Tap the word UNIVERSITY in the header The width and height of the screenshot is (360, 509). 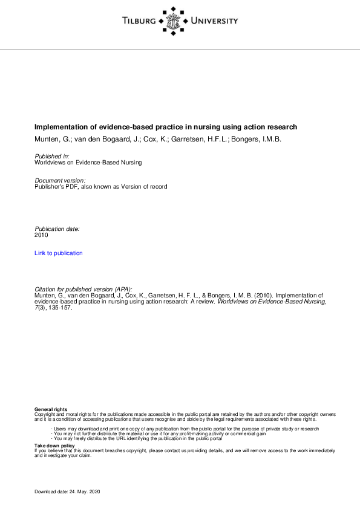[214, 21]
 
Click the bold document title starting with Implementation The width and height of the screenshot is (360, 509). [166, 127]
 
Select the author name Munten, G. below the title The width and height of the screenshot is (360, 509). [50, 139]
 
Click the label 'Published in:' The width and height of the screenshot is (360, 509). [52, 157]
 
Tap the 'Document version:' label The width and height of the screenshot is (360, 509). [60, 181]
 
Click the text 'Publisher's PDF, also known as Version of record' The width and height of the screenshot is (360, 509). [100, 187]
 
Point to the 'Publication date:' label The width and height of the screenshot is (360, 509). [57, 229]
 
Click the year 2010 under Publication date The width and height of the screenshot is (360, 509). [41, 235]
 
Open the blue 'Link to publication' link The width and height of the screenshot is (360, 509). [59, 253]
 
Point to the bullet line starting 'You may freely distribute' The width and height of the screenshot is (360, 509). [137, 438]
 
